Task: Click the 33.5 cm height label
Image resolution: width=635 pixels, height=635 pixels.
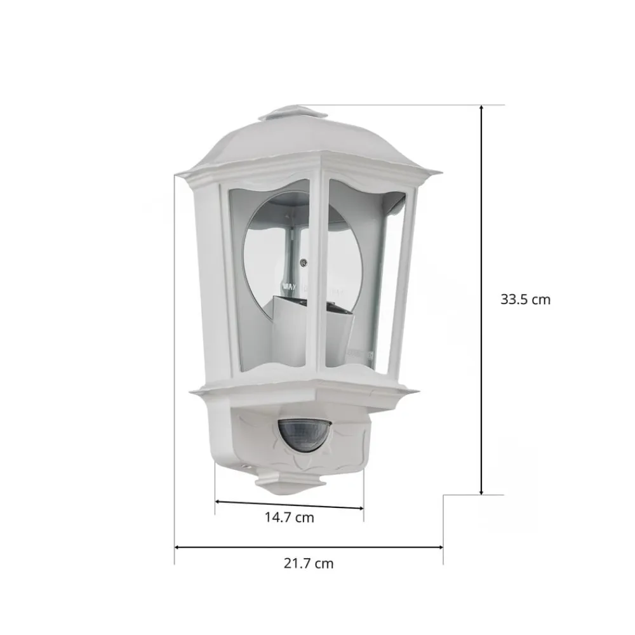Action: pos(525,300)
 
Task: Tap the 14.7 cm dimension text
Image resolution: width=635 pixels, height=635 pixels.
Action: pos(289,518)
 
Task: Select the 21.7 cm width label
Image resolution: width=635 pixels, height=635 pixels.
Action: pos(309,563)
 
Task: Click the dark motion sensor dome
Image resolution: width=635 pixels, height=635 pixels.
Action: pos(304,436)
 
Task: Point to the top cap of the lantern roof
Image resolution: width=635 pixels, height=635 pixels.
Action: pos(293,113)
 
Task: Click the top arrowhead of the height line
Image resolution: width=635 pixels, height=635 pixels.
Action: pos(481,108)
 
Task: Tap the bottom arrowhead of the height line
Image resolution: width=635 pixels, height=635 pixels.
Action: pos(481,491)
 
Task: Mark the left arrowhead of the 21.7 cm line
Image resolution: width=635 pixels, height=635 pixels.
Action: pos(177,547)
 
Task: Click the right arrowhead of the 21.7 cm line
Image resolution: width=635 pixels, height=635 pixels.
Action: pos(440,547)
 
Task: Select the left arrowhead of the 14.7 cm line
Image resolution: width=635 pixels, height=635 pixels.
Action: pos(217,502)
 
